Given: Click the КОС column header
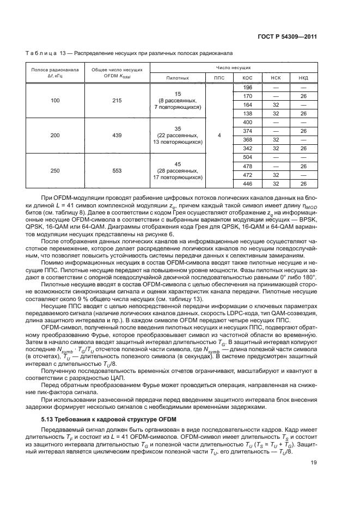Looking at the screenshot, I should point(247,78).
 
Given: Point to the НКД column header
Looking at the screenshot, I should point(303,78).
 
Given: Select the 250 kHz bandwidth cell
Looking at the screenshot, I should point(56,170).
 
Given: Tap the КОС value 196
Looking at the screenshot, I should point(247,87).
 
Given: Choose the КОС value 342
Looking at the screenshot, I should point(247,148).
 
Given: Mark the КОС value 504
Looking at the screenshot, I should point(247,157).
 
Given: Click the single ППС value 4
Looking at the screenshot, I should point(219,135).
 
